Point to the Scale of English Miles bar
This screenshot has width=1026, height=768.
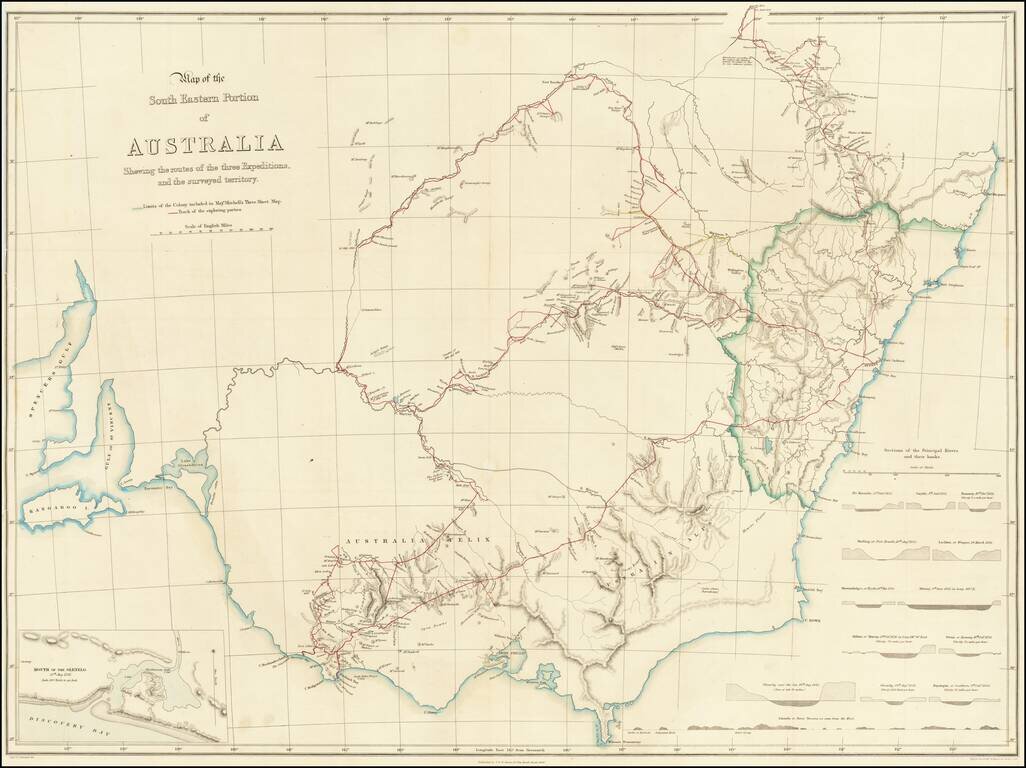click(x=213, y=231)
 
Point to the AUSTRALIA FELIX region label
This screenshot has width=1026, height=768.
click(x=419, y=541)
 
